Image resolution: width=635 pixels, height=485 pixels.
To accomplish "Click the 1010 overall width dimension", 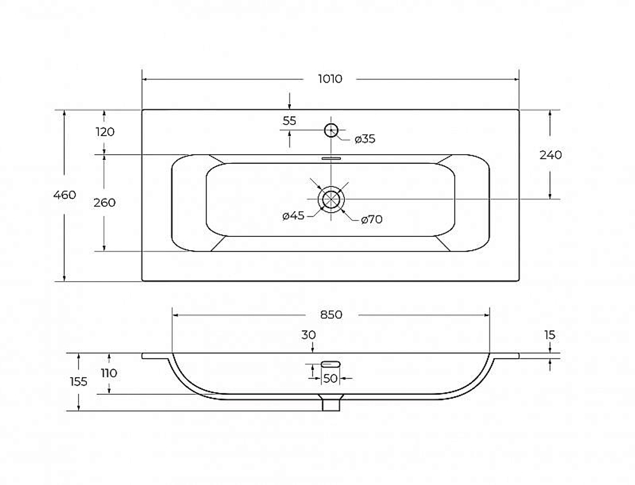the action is point(330,79).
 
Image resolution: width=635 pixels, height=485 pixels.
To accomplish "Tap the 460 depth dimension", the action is point(65,195).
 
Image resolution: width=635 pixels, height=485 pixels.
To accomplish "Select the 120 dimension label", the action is point(105,131).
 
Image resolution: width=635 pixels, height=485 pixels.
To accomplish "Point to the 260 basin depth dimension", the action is point(105,203).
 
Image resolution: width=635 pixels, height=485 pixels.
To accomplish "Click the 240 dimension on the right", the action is point(551,155).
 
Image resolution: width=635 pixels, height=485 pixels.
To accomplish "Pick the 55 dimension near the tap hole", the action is point(289,121).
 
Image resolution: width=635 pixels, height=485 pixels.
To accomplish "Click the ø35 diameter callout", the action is point(365,139).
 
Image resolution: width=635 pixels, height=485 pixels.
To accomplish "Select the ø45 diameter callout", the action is point(293,216).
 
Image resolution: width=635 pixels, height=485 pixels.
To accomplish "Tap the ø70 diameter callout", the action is point(371,220).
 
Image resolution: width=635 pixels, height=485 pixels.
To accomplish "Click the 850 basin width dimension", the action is point(331,315).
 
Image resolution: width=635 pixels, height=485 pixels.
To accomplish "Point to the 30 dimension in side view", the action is point(309,335).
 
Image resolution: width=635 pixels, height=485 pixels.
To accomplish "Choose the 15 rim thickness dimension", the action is point(549,335).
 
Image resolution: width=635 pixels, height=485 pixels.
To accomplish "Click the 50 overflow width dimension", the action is point(330,378).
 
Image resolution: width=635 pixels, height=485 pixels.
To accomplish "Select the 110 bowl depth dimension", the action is point(109,373).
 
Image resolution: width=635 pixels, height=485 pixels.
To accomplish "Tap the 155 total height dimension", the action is point(79,382).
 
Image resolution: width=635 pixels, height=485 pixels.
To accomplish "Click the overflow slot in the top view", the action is point(331,159).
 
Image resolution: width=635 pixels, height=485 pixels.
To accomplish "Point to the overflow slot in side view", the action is point(331,364).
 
